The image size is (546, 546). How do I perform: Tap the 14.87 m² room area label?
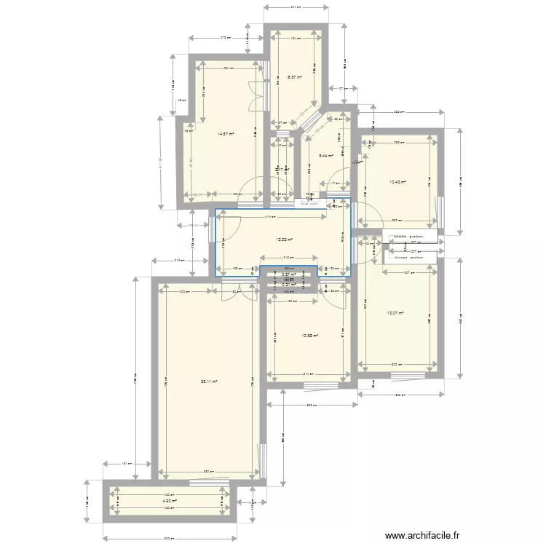click(x=226, y=133)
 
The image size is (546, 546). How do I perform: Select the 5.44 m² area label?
click(x=325, y=155)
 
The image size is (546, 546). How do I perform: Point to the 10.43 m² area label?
click(x=397, y=182)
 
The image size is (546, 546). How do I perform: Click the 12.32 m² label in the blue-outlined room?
click(x=284, y=239)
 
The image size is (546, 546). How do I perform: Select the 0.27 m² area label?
click(x=288, y=274)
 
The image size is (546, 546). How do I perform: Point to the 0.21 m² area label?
click(x=289, y=285)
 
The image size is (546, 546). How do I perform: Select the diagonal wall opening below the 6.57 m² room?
click(x=314, y=123)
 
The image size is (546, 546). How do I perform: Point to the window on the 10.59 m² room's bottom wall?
click(x=320, y=385)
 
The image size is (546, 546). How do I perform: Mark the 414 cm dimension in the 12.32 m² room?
click(x=269, y=216)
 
